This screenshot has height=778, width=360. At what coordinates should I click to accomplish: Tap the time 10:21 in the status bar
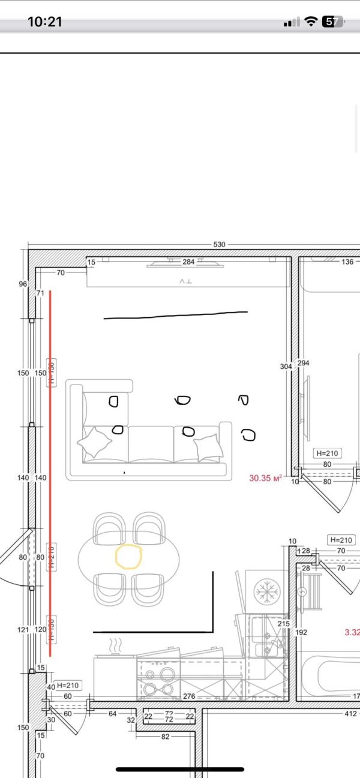(45, 22)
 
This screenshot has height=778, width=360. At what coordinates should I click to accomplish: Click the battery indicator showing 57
(332, 22)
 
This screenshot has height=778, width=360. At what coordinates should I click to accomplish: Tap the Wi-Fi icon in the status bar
(310, 22)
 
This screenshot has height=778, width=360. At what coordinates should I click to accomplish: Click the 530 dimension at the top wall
(219, 245)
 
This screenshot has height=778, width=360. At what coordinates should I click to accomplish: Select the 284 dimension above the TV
(188, 262)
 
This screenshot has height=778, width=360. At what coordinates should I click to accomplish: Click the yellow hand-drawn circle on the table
(128, 556)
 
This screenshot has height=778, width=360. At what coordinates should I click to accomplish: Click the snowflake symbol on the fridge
(264, 591)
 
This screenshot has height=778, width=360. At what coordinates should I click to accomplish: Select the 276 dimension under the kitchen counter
(188, 696)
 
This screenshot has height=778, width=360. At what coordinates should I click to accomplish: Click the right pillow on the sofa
(208, 446)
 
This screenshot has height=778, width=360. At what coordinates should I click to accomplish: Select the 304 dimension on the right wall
(286, 366)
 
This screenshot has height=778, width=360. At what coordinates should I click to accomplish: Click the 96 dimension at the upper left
(23, 284)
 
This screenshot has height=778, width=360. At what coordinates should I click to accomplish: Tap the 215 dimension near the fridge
(284, 624)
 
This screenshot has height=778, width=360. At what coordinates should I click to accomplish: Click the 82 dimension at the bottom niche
(165, 737)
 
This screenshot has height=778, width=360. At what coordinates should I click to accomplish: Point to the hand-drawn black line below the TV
(175, 315)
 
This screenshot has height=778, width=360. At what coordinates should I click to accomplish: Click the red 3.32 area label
(352, 632)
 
